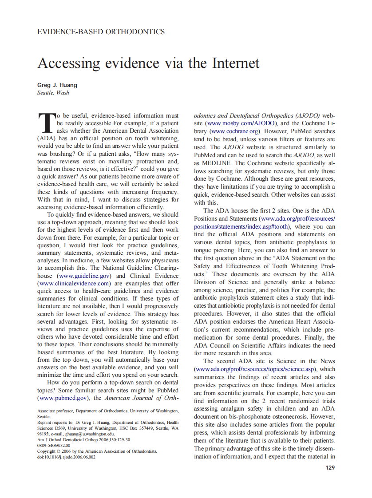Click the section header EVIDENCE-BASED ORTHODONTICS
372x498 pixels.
pyautogui.click(x=101, y=32)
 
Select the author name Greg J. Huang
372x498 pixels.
pyautogui.click(x=57, y=85)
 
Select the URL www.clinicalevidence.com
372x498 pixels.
pyautogui.click(x=74, y=283)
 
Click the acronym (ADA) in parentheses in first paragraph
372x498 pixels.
pyautogui.click(x=47, y=139)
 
